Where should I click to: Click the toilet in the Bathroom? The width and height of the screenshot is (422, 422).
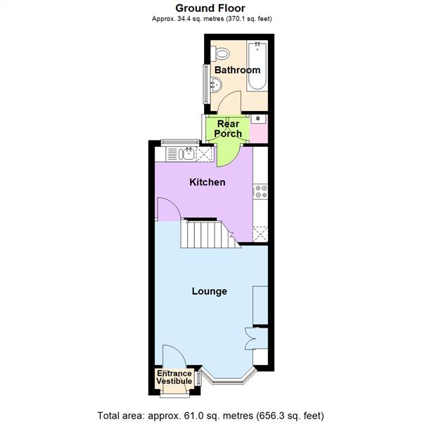pos(223,51)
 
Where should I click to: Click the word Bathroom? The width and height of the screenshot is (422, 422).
pos(237,70)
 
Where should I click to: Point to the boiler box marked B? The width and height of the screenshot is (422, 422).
pos(258,119)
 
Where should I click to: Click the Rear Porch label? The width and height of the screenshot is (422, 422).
pos(229,129)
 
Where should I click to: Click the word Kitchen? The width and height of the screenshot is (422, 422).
pos(207,182)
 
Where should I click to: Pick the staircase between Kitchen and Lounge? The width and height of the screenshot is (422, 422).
pos(207,234)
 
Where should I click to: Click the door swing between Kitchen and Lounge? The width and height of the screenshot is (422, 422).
pos(167,210)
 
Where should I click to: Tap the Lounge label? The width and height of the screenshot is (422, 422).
pos(210,291)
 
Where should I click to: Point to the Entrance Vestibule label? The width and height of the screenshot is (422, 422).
pos(173,377)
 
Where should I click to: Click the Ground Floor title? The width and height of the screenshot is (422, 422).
pos(210,8)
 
